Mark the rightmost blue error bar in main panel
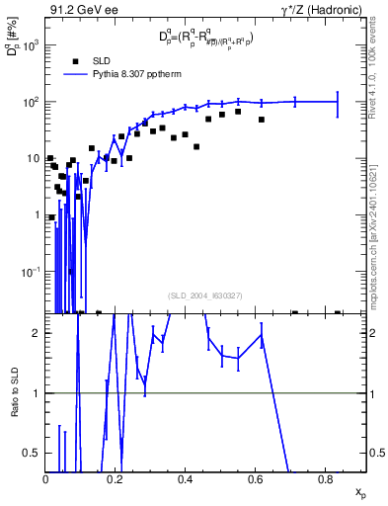tap(338, 103)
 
